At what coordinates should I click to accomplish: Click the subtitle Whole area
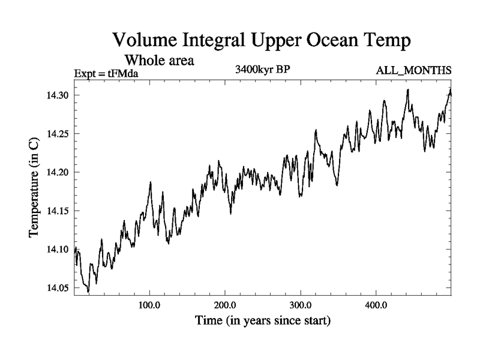pos(159,61)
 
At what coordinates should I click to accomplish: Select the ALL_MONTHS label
pos(413,71)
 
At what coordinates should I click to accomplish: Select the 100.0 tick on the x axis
pos(149,305)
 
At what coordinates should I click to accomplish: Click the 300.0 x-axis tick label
pos(301,305)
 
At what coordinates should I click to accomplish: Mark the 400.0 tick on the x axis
pos(376,305)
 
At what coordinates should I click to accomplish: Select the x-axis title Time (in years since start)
pos(263,321)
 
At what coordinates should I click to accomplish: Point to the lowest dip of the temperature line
pos(88,292)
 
